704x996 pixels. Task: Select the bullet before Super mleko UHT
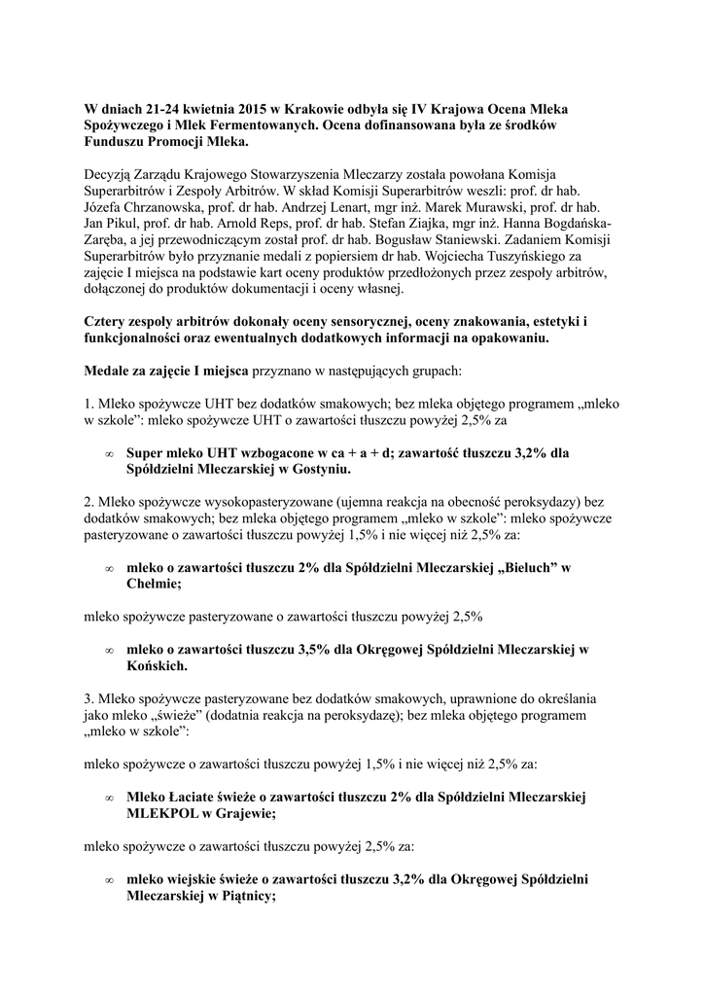click(109, 453)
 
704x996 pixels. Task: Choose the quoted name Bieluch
click(523, 567)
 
